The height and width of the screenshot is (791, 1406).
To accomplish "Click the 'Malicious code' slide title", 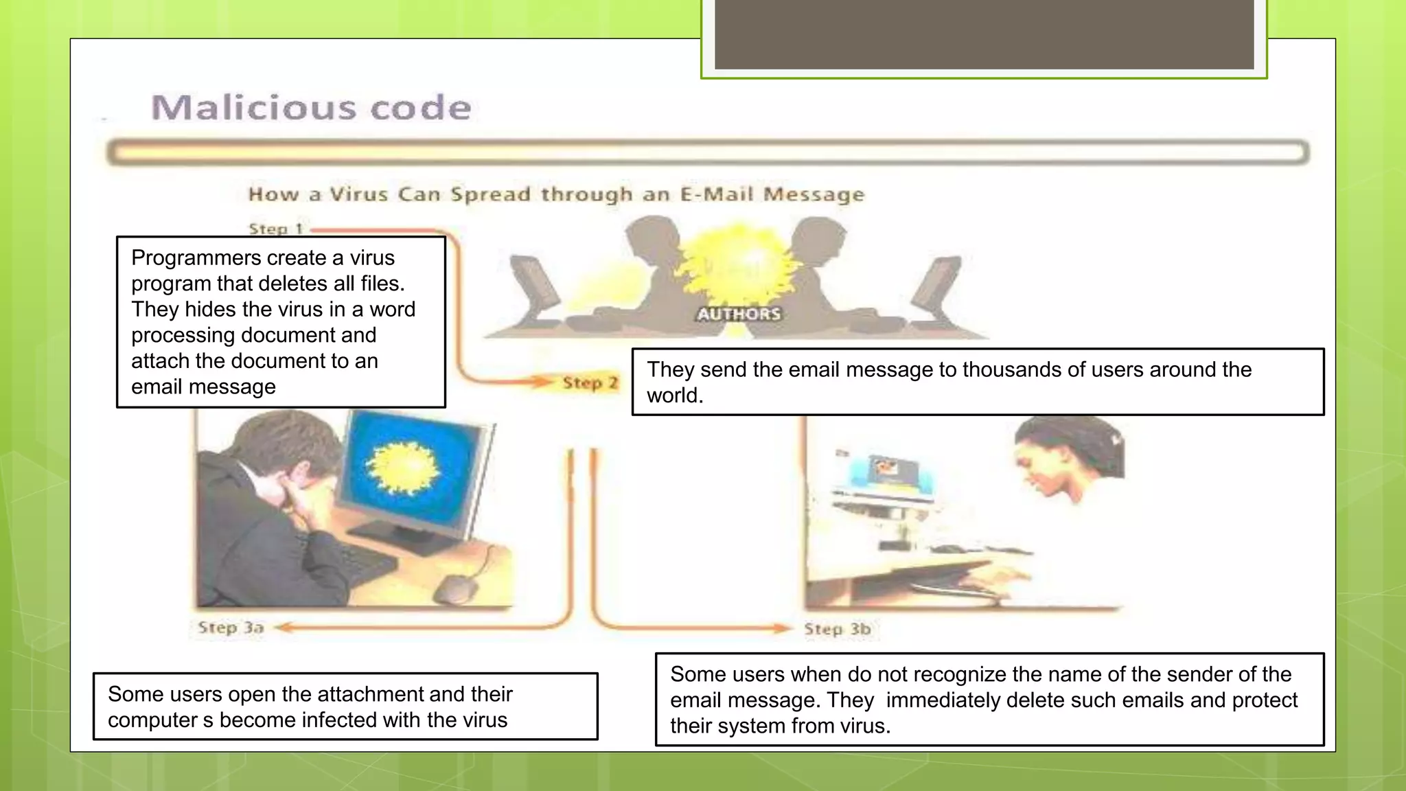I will tap(311, 108).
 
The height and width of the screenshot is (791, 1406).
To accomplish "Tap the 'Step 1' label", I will tap(275, 229).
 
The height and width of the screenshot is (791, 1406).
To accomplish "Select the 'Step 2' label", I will tap(590, 382).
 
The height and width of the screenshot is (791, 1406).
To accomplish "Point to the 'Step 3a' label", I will tap(231, 628).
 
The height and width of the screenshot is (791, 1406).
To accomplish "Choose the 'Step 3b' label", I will tap(838, 629).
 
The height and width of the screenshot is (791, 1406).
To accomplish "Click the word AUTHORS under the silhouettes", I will tap(739, 314).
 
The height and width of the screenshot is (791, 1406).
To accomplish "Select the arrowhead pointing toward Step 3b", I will tap(783, 628).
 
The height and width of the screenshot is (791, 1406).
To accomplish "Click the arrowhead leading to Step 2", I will tap(546, 381).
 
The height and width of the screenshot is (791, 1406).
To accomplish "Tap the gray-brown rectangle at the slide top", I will tap(984, 34).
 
